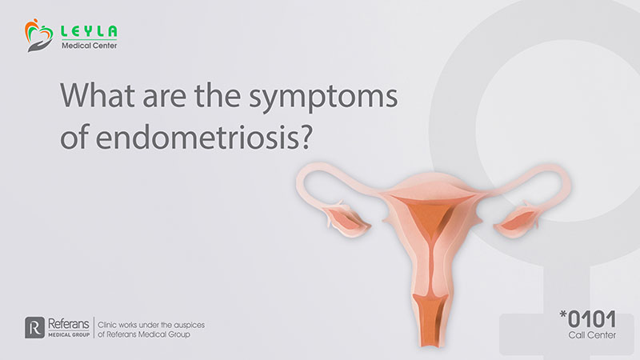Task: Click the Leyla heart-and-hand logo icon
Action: pyautogui.click(x=38, y=35)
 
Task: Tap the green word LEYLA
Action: pyautogui.click(x=89, y=31)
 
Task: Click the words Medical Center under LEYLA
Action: pyautogui.click(x=90, y=46)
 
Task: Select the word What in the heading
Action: pyautogui.click(x=98, y=95)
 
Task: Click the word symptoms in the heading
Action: pyautogui.click(x=323, y=98)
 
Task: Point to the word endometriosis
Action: pyautogui.click(x=198, y=137)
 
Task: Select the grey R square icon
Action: pyautogui.click(x=34, y=328)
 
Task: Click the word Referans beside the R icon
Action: pyautogui.click(x=69, y=324)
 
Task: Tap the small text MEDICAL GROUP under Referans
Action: pyautogui.click(x=69, y=335)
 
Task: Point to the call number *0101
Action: pyautogui.click(x=588, y=318)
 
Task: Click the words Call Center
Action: pyautogui.click(x=592, y=335)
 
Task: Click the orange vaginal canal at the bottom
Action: pyautogui.click(x=430, y=319)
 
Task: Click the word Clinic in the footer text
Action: pyautogui.click(x=107, y=325)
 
